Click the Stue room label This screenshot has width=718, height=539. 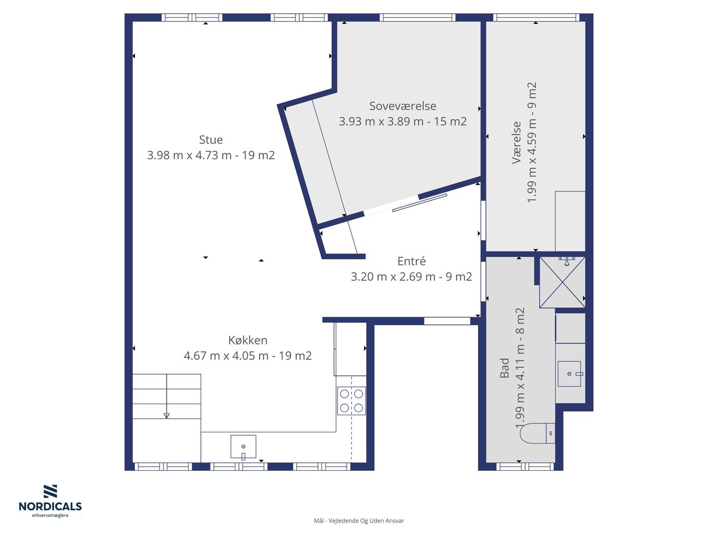click(x=211, y=140)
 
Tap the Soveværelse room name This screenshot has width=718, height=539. click(x=403, y=106)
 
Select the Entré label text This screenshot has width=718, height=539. click(x=411, y=261)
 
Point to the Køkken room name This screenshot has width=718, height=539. click(x=248, y=340)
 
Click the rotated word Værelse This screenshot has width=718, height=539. click(x=516, y=142)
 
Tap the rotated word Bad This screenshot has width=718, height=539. click(x=505, y=368)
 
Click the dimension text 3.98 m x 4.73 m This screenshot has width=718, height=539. click(x=189, y=155)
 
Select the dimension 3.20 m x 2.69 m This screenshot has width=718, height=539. click(x=393, y=277)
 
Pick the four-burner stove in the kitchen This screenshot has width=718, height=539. click(x=351, y=400)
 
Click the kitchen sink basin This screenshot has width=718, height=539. click(x=243, y=447)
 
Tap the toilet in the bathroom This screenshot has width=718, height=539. click(x=537, y=433)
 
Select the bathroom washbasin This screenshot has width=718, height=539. click(x=569, y=374)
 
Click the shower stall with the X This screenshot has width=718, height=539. click(x=562, y=282)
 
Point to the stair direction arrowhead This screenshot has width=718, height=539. click(x=167, y=416)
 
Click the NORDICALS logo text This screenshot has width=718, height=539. click(x=50, y=506)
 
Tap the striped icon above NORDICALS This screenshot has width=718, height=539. click(x=50, y=491)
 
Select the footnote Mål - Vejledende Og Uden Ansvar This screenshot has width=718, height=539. click(x=359, y=521)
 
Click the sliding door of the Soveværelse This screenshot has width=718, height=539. click(x=420, y=203)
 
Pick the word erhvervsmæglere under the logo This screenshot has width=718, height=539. click(x=50, y=515)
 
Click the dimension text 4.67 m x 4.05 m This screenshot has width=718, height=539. click(x=226, y=355)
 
